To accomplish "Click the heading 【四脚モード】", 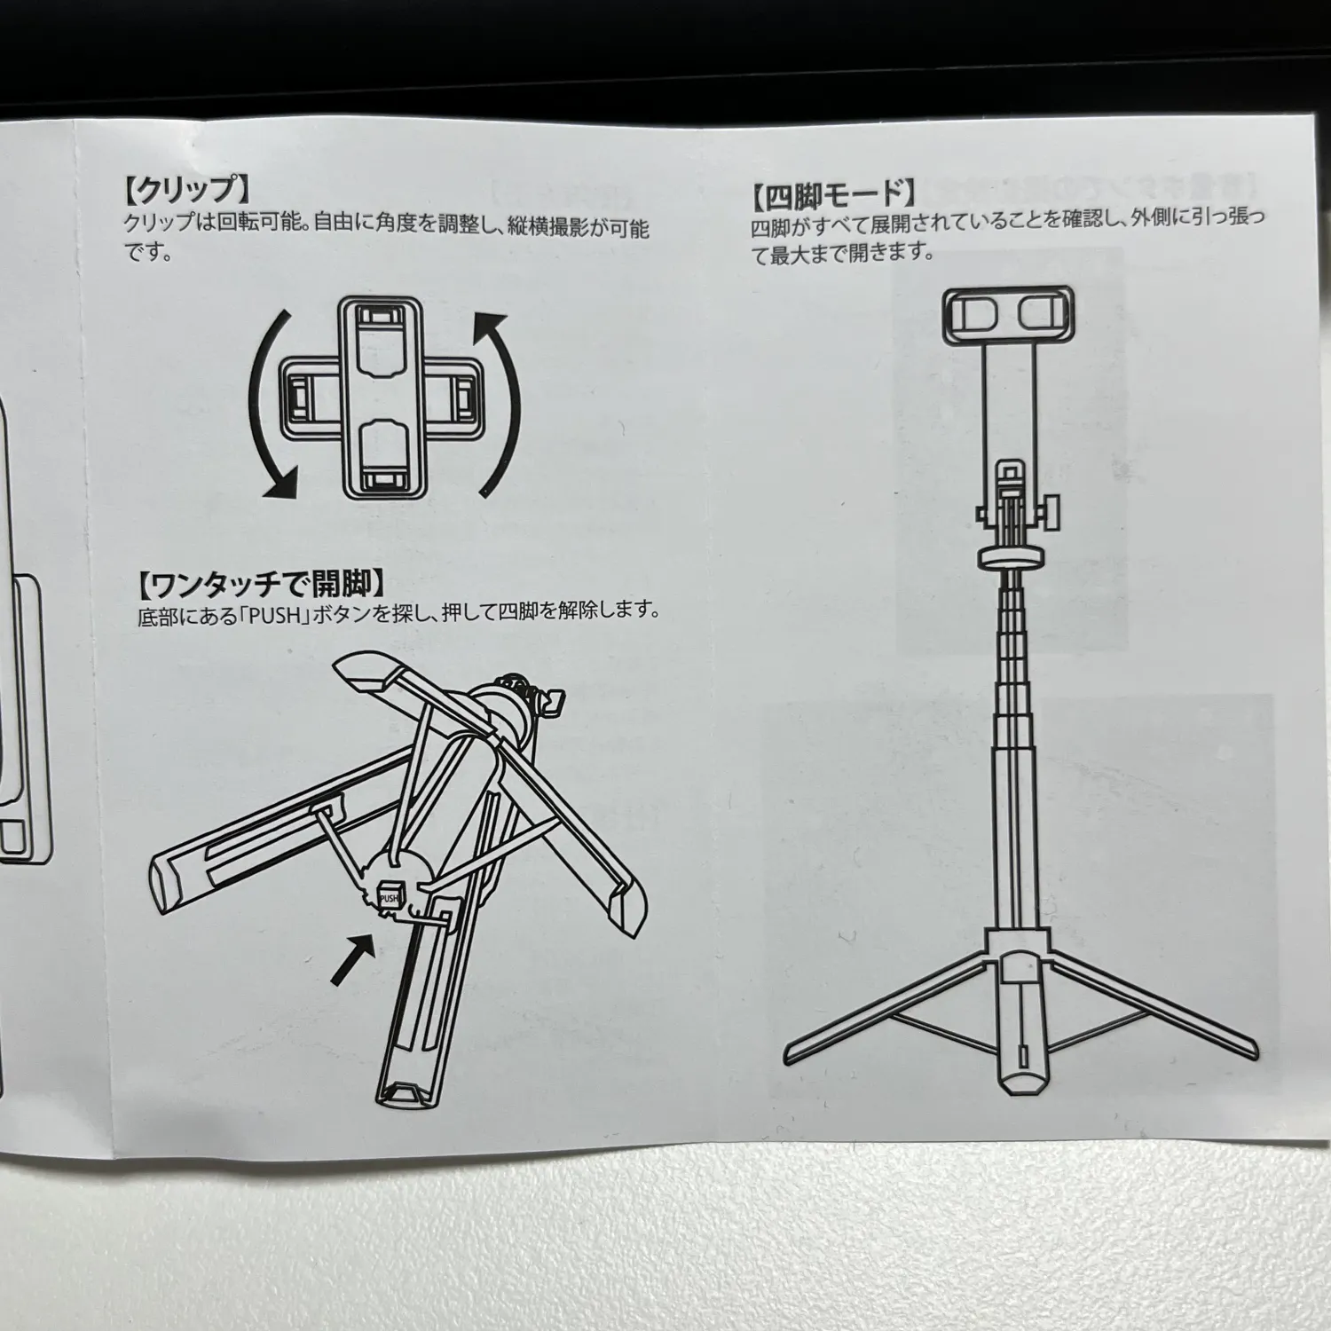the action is [x=833, y=193].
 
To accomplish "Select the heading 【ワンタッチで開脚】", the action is [x=260, y=585].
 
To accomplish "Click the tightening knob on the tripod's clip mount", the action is [x=1049, y=515].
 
